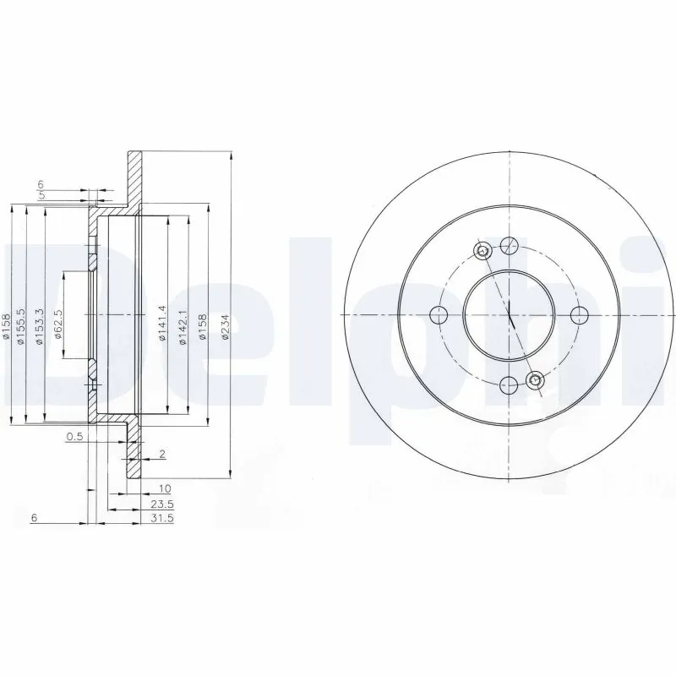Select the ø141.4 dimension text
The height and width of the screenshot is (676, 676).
pyautogui.click(x=161, y=323)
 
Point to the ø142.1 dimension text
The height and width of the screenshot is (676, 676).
pyautogui.click(x=182, y=323)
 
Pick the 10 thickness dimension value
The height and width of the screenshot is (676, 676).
pyautogui.click(x=163, y=488)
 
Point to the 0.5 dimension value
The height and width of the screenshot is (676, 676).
pyautogui.click(x=75, y=437)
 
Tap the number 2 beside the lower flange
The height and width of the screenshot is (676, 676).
pyautogui.click(x=161, y=455)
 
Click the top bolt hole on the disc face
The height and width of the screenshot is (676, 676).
pyautogui.click(x=509, y=246)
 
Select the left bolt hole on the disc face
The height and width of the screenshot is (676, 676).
pyautogui.click(x=439, y=316)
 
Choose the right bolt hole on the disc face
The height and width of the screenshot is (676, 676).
pyautogui.click(x=579, y=316)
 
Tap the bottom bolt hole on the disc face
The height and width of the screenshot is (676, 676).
pyautogui.click(x=509, y=385)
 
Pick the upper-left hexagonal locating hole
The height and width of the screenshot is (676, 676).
pyautogui.click(x=482, y=250)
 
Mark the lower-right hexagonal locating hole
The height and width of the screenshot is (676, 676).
pyautogui.click(x=534, y=381)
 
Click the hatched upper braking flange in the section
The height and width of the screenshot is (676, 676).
pyautogui.click(x=134, y=177)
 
